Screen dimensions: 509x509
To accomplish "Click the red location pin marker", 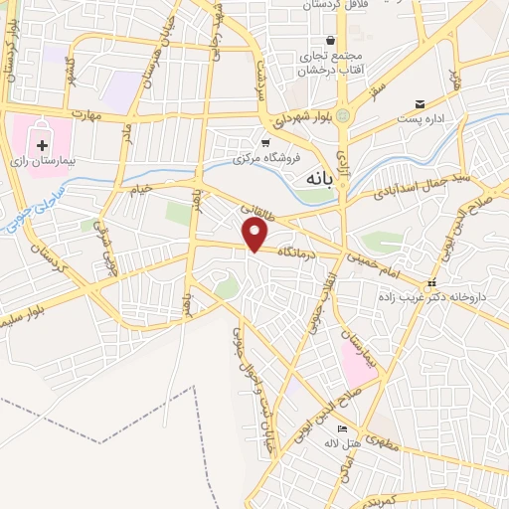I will (x=256, y=236).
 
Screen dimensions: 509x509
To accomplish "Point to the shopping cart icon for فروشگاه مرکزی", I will (x=265, y=142).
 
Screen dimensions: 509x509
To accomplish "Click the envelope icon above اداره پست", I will (x=421, y=104).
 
